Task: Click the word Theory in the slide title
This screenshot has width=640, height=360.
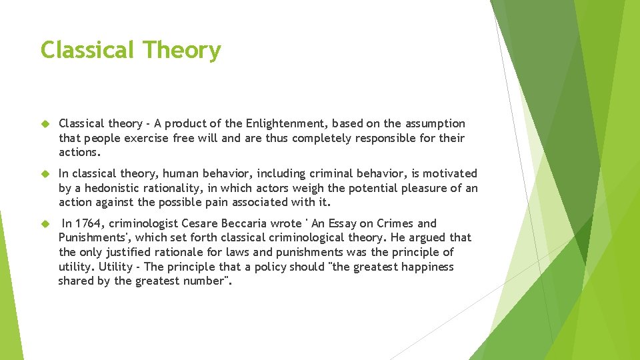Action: pos(182,51)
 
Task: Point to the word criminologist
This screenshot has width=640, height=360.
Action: pos(141,223)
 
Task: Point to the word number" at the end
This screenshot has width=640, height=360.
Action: pos(207,281)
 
